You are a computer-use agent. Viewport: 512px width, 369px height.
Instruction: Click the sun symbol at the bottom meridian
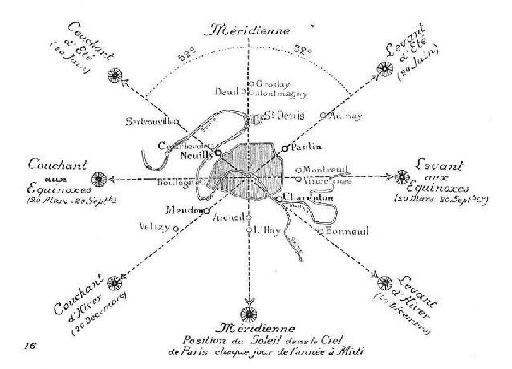[x=249, y=312]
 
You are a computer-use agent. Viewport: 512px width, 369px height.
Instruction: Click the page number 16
[x=30, y=344]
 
